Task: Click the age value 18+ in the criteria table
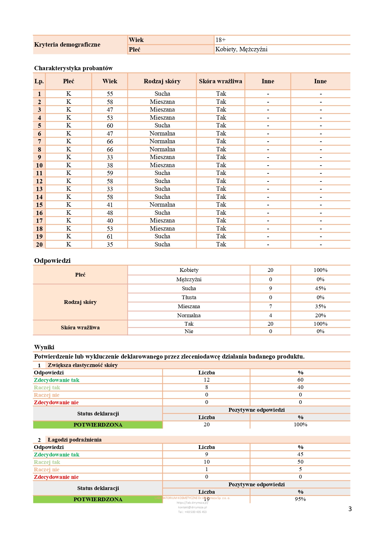(220, 40)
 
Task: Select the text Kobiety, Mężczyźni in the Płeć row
(241, 49)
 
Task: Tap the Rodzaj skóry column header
(162, 81)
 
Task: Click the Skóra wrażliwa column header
(220, 81)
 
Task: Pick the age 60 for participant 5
(110, 126)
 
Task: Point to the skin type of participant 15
(162, 204)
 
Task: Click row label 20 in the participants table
(39, 245)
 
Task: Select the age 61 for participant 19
(110, 236)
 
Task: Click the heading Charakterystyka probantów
(73, 68)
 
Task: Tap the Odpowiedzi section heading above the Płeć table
(52, 260)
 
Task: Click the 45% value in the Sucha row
(320, 288)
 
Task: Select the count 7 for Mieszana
(270, 306)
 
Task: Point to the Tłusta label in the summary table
(189, 297)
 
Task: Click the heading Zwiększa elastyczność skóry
(83, 365)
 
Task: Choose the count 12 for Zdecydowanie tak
(206, 380)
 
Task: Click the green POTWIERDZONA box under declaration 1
(98, 425)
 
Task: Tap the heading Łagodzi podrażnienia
(75, 440)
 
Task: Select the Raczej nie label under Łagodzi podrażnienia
(47, 469)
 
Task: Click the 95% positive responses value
(300, 499)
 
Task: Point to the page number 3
(350, 509)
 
